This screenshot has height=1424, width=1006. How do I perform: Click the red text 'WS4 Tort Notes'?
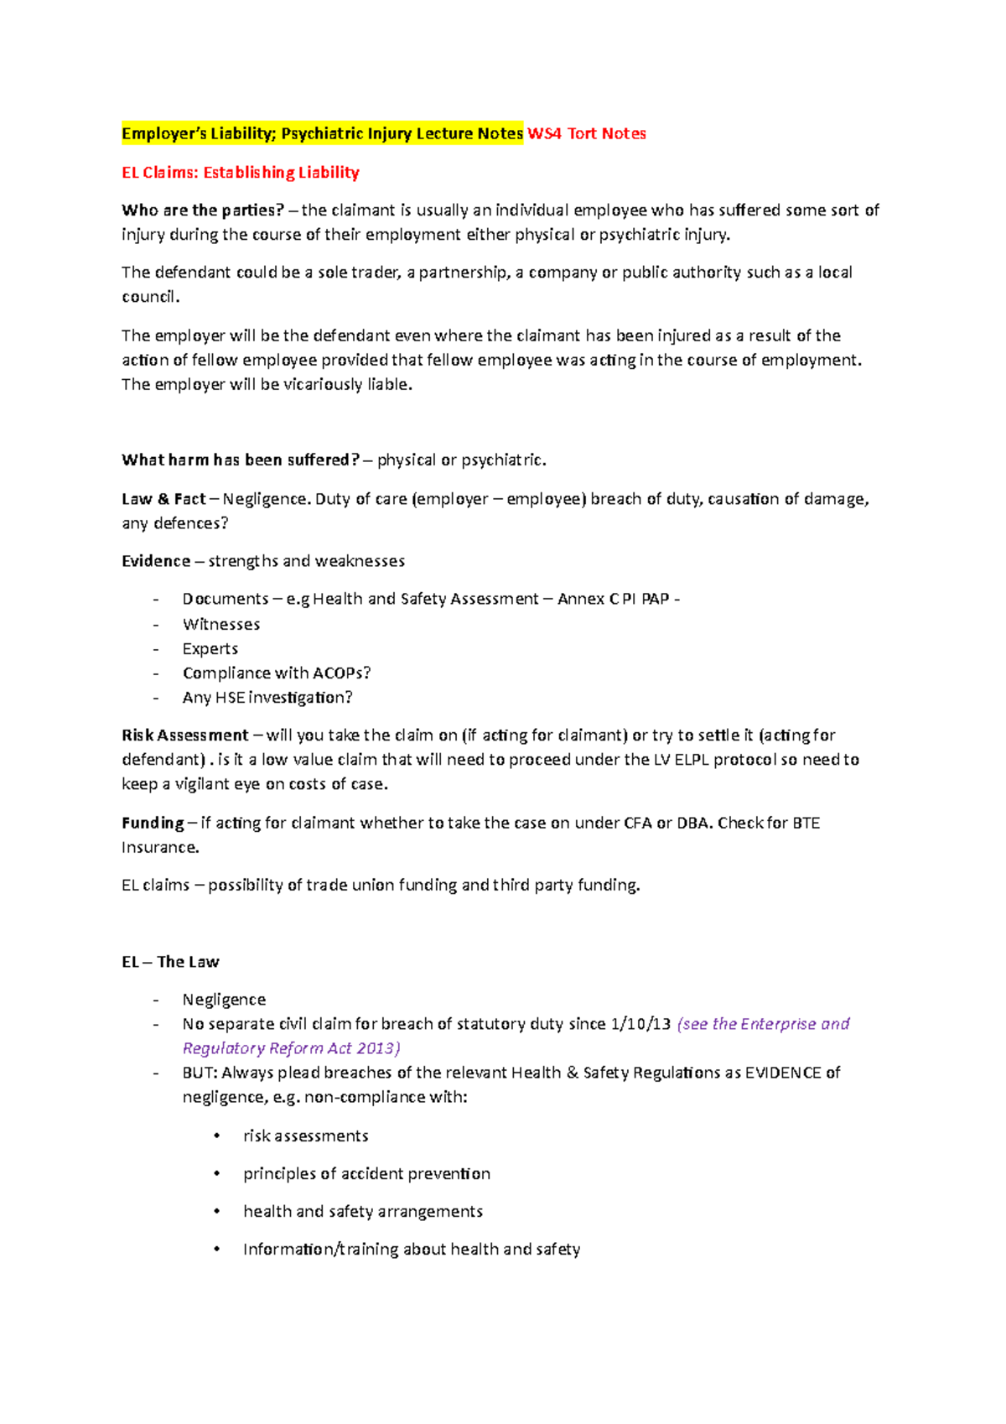coord(586,133)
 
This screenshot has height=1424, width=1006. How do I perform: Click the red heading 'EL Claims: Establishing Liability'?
coord(240,173)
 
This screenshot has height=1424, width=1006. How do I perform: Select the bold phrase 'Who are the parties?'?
coord(202,210)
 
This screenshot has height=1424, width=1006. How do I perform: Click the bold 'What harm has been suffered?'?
coord(240,460)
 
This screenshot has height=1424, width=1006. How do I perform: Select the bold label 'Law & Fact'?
coord(163,499)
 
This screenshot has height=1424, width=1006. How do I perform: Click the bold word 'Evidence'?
coord(156,561)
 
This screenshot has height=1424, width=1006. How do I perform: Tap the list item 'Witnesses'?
coord(221,624)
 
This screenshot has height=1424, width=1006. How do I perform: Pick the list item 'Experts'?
coord(210,649)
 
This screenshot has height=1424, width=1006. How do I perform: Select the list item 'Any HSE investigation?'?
coord(267,698)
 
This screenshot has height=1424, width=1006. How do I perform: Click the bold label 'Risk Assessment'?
coord(184,735)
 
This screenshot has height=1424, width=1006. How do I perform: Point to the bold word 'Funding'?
coord(153,823)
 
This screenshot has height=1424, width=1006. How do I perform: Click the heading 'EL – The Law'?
coord(170,962)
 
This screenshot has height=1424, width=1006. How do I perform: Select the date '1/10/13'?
coord(640,1024)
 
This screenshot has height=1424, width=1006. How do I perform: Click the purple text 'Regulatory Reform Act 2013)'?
coord(291,1048)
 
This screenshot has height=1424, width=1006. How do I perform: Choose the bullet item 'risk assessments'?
coord(305,1136)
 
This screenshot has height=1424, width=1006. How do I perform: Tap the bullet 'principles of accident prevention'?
coord(366,1173)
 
